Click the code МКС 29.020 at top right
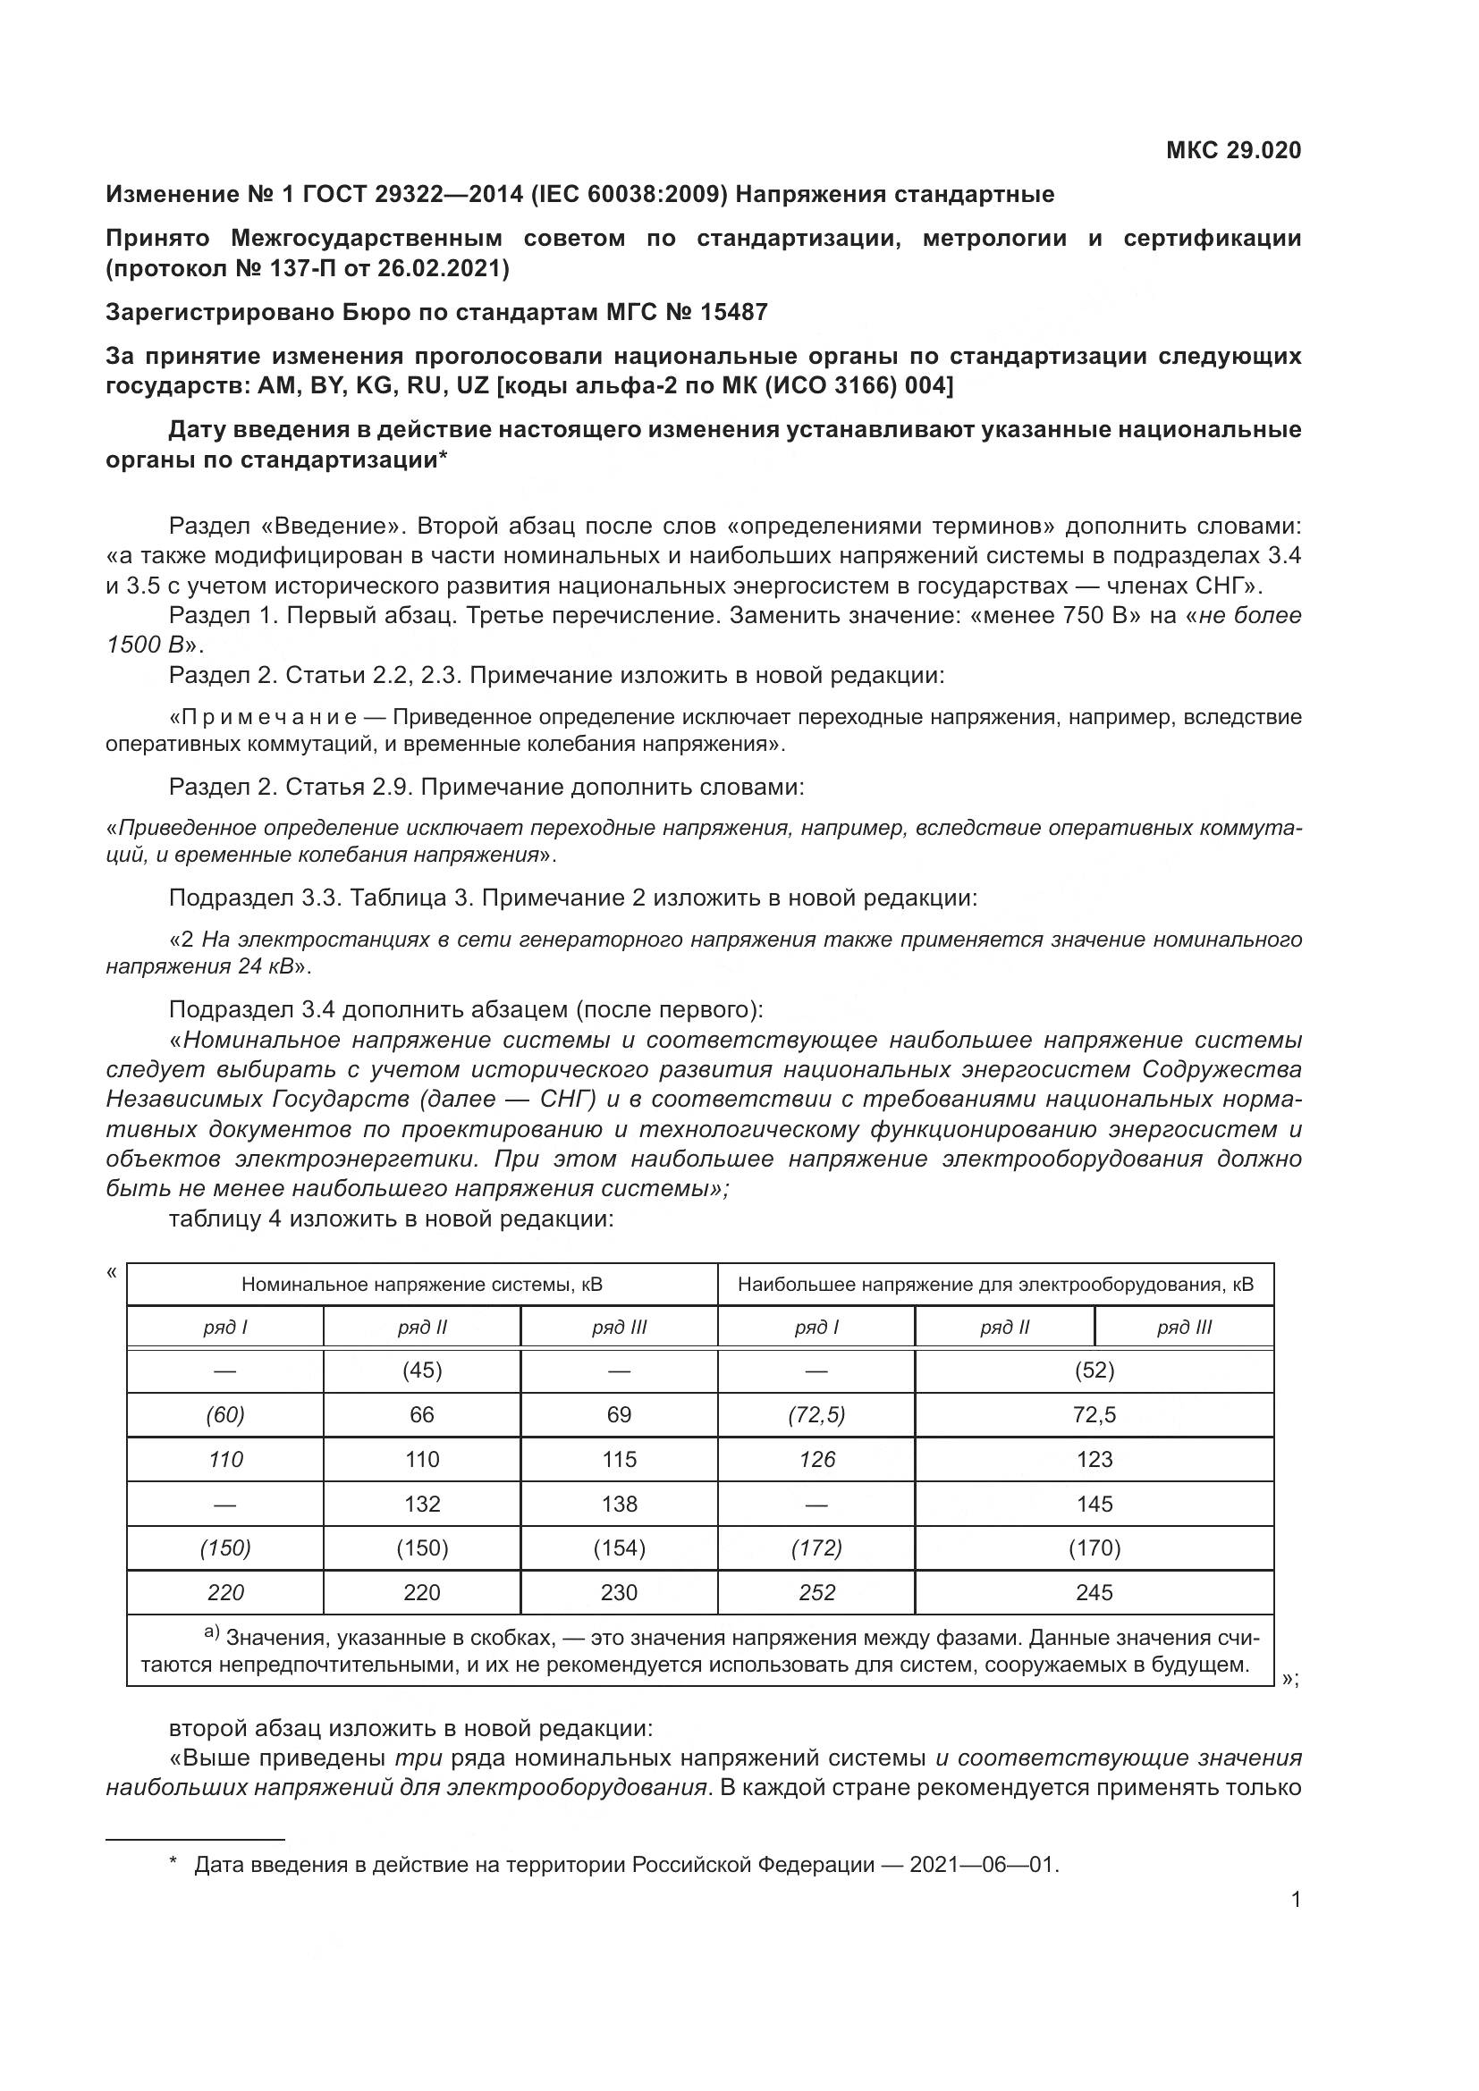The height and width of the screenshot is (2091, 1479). (x=1233, y=150)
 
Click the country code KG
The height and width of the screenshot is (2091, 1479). (x=375, y=385)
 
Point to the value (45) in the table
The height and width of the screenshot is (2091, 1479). (x=422, y=1370)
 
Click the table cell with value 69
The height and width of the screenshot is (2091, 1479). (x=619, y=1414)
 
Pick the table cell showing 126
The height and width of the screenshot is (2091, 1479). (x=816, y=1459)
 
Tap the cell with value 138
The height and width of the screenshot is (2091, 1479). (x=619, y=1504)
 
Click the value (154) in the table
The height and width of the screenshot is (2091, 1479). (x=619, y=1548)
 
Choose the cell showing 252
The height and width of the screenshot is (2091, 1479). (x=816, y=1593)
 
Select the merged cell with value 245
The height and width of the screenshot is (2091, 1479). (x=1094, y=1593)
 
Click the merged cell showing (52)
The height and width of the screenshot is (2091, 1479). (x=1094, y=1370)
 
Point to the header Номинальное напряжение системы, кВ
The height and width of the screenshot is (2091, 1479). (x=422, y=1285)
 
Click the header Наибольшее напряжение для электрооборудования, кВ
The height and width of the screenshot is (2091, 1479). (x=995, y=1285)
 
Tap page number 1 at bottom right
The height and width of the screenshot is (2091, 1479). (x=1295, y=1899)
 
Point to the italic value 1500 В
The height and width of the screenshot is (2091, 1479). (x=144, y=645)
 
